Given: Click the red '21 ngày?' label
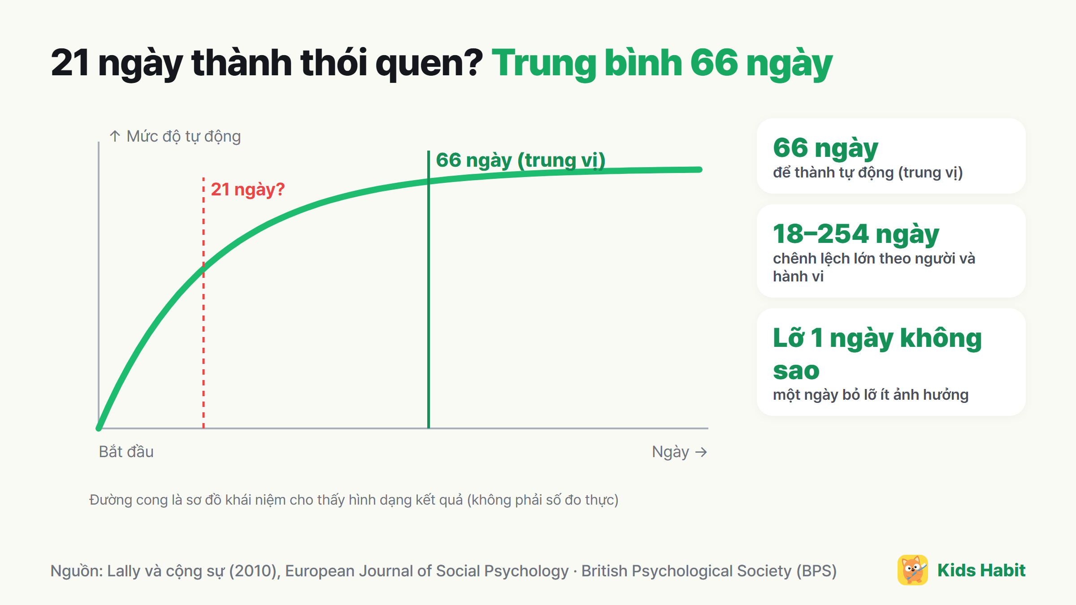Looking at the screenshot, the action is click(x=247, y=190).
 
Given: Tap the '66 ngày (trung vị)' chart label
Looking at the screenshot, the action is click(x=521, y=160).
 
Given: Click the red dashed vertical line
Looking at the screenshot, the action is click(x=204, y=303).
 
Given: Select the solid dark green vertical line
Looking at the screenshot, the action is click(x=429, y=290).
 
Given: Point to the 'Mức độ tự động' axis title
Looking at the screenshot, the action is click(x=183, y=136).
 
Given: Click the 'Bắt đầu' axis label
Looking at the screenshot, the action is click(x=126, y=452).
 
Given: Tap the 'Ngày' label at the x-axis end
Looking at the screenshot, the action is click(x=670, y=452).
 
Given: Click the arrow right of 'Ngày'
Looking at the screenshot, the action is click(x=701, y=452).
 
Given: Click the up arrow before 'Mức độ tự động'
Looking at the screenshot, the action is click(x=115, y=136).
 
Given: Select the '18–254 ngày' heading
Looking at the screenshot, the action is click(x=856, y=234).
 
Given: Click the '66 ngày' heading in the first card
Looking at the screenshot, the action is click(x=825, y=148).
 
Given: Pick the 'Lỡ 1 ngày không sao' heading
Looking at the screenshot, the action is click(x=877, y=354).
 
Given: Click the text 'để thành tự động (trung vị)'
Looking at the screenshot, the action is click(x=868, y=173).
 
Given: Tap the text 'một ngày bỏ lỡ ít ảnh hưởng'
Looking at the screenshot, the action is click(x=871, y=395).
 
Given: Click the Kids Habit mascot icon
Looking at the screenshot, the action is click(x=913, y=570).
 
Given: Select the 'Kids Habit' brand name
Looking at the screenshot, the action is click(x=981, y=570).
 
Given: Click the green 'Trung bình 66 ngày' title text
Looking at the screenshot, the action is click(x=662, y=64).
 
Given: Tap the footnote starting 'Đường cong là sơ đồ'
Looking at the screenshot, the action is click(x=354, y=500).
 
